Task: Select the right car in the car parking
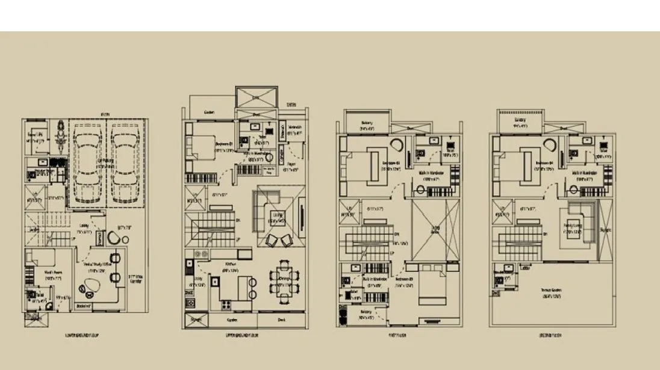(123, 162)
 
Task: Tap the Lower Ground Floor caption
(84, 336)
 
